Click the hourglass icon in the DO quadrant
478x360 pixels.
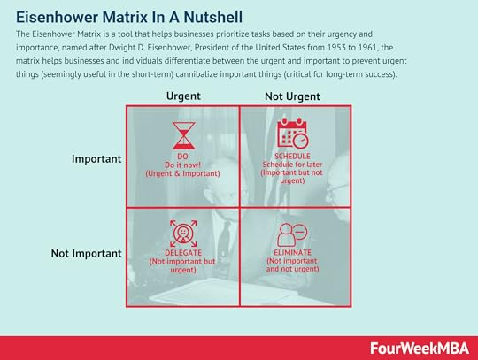[183, 136]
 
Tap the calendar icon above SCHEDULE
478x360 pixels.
[293, 133]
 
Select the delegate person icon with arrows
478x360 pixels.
[183, 234]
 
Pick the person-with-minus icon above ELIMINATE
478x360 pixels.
[292, 234]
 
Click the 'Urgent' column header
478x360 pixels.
[183, 96]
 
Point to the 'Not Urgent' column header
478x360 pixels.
[292, 96]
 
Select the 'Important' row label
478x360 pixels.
[96, 159]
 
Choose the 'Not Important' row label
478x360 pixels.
[86, 253]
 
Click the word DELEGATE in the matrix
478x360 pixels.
[183, 253]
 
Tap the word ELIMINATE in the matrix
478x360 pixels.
[292, 252]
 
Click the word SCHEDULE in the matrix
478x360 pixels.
[292, 157]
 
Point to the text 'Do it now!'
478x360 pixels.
[183, 165]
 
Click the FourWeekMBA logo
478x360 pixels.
[420, 349]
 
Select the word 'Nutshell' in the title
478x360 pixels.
[213, 17]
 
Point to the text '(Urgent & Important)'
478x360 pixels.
[182, 173]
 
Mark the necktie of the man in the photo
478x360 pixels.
[225, 238]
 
